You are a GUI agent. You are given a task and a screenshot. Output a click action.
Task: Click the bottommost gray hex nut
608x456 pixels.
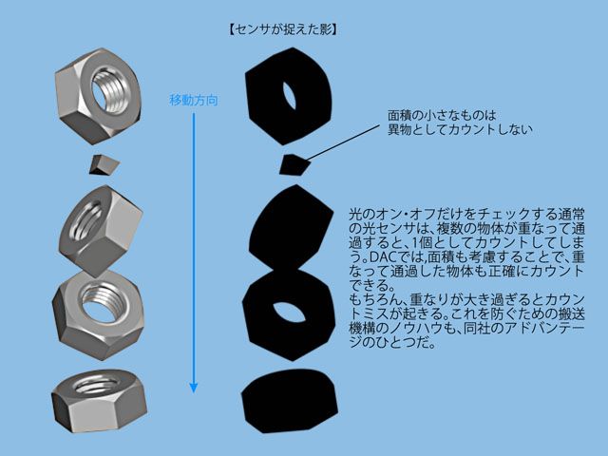[x=95, y=397]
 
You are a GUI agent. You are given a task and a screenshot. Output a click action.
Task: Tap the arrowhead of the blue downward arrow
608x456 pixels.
[x=194, y=386]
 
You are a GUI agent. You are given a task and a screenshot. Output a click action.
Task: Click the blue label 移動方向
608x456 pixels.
[x=194, y=100]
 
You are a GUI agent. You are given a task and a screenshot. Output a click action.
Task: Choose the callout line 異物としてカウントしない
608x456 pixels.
[x=460, y=129]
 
